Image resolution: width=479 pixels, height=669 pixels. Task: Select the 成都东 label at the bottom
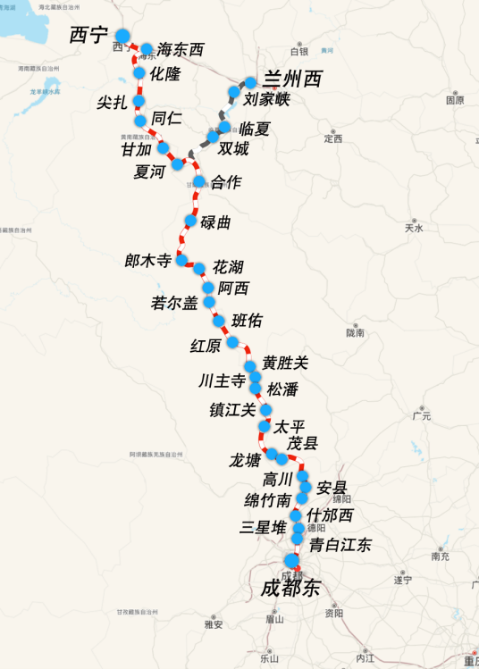pyautogui.click(x=290, y=588)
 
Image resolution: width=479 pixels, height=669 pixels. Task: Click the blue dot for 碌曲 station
pyautogui.click(x=190, y=221)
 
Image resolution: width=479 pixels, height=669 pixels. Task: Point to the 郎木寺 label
pyautogui.click(x=148, y=261)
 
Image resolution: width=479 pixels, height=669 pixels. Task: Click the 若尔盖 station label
pyautogui.click(x=175, y=303)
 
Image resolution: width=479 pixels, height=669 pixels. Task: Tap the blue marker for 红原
pyautogui.click(x=232, y=342)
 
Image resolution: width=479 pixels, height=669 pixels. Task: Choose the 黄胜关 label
pyautogui.click(x=285, y=363)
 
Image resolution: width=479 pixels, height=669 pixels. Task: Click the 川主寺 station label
pyautogui.click(x=223, y=381)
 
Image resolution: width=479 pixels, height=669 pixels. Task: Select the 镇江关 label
pyautogui.click(x=232, y=410)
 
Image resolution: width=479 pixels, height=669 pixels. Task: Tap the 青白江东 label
pyautogui.click(x=340, y=545)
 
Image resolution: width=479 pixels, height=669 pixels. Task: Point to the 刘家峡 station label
pyautogui.click(x=267, y=99)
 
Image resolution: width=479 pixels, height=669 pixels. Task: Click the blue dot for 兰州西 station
pyautogui.click(x=250, y=82)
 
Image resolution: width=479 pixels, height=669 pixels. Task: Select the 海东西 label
pyautogui.click(x=181, y=50)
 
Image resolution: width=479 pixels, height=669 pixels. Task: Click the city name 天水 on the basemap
pyautogui.click(x=414, y=228)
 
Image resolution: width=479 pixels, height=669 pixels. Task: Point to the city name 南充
pyautogui.click(x=440, y=556)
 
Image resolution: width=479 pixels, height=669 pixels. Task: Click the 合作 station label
pyautogui.click(x=226, y=182)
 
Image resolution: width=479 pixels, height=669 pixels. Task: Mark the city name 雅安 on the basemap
pyautogui.click(x=214, y=624)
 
